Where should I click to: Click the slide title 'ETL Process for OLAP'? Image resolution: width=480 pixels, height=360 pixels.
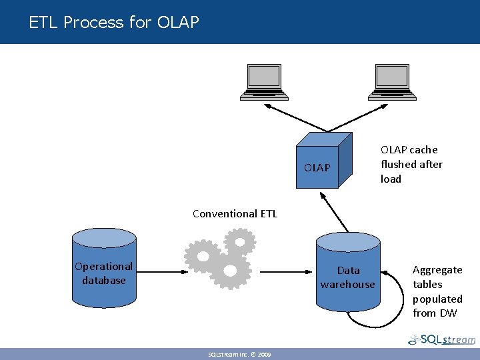114,23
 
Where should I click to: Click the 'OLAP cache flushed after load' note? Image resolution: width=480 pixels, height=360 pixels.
411,164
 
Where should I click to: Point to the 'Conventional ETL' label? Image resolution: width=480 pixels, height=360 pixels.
235,214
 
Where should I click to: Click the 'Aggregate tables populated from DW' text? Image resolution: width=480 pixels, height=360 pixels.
437,291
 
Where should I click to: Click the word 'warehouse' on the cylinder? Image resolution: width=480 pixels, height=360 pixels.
348,285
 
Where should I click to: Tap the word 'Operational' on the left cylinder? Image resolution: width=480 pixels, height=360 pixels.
104,267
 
